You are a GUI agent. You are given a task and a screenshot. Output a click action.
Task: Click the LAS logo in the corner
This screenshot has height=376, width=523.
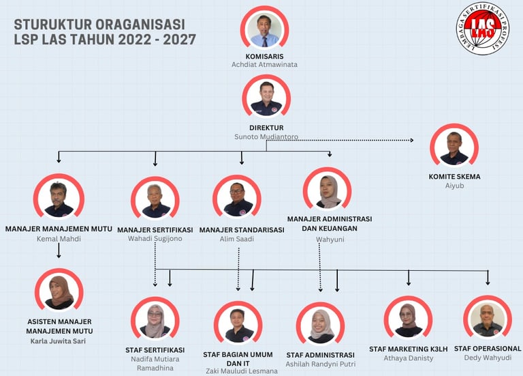(x=482, y=28)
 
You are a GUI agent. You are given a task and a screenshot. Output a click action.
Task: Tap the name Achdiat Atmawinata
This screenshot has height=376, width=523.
(x=264, y=65)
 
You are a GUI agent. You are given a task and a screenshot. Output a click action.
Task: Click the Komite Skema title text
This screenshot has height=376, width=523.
(x=454, y=177)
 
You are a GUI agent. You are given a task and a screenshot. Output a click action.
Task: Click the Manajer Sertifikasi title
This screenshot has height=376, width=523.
(x=155, y=230)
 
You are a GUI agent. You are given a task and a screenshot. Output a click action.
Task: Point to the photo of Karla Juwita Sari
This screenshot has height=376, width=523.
(x=59, y=293)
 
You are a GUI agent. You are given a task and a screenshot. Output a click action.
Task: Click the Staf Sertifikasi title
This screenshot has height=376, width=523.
(x=155, y=350)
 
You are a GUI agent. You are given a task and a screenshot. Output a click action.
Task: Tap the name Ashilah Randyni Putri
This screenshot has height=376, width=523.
(x=320, y=365)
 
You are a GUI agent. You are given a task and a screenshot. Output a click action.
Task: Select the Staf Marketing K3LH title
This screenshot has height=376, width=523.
(x=409, y=349)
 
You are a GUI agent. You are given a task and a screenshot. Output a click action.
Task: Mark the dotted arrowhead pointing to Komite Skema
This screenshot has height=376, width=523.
(x=411, y=141)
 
